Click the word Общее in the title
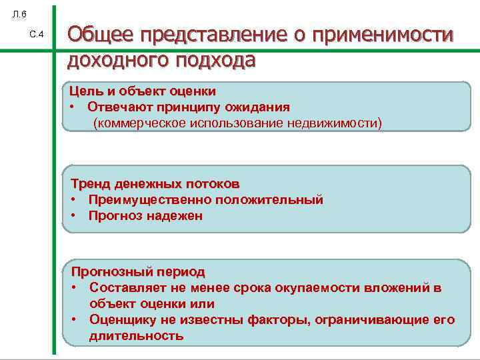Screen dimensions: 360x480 point(99,35)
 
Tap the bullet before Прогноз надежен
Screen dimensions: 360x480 point(75,215)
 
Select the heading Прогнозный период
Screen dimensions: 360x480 point(138,272)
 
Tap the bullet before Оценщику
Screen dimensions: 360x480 point(75,319)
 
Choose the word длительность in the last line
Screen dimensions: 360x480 point(136,335)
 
